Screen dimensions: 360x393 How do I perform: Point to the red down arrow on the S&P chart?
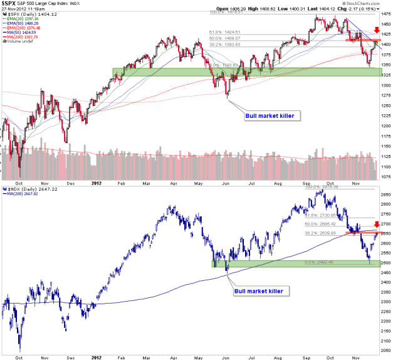[376, 29]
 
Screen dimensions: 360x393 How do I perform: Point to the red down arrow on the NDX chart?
[377, 224]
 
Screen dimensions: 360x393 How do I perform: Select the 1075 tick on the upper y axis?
[383, 177]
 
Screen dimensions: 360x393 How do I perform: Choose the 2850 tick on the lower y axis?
[383, 194]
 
